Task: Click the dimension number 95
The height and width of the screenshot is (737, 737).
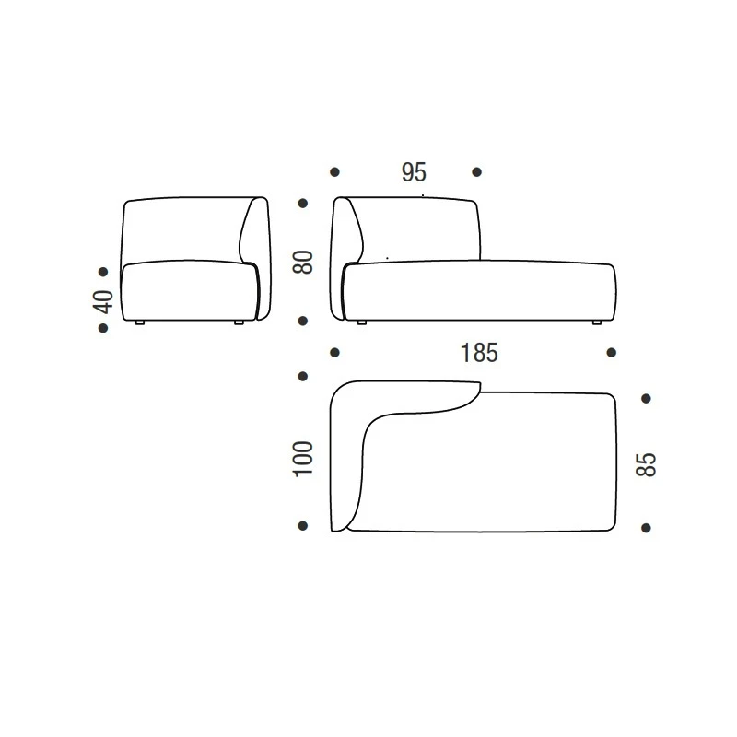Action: [414, 172]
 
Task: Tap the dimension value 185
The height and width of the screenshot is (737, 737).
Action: [479, 352]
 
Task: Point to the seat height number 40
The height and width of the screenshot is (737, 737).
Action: [103, 301]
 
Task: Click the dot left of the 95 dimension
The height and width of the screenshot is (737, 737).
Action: [334, 171]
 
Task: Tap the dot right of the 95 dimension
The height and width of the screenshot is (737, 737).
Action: [476, 171]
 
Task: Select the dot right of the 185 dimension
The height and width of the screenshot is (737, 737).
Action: [612, 352]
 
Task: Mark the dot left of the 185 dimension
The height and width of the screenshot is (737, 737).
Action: [334, 352]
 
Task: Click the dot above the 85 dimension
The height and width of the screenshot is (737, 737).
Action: [646, 398]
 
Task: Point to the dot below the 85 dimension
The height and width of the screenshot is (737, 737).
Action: [646, 527]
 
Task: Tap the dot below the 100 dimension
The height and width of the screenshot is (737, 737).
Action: [303, 526]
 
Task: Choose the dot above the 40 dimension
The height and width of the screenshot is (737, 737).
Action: [103, 271]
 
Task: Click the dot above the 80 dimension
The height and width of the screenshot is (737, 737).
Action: [303, 204]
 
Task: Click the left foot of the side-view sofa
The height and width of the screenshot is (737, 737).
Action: [138, 323]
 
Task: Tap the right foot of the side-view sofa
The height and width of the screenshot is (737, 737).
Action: [239, 323]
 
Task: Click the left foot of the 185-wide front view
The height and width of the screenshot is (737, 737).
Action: [362, 322]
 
